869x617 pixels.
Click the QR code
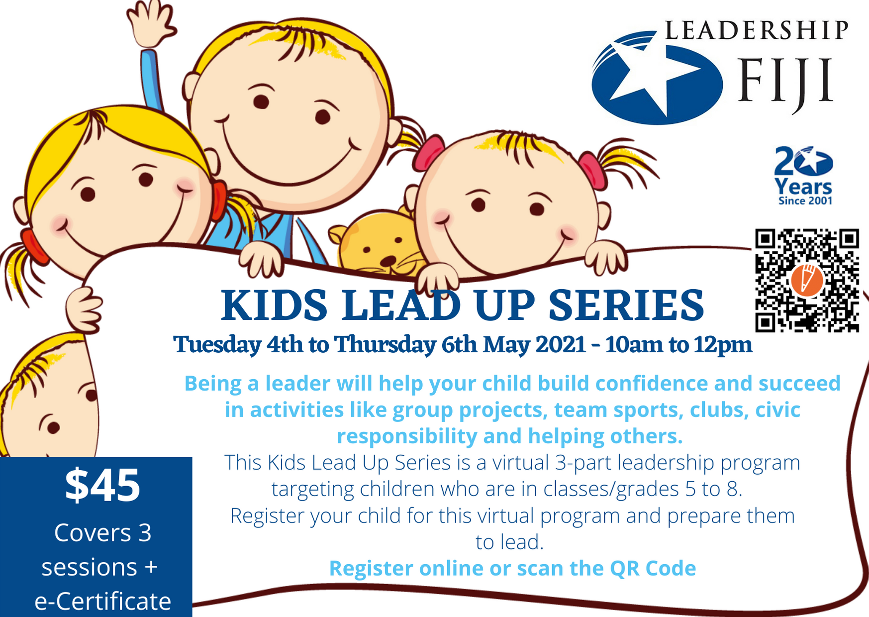click(807, 281)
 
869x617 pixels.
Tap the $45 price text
click(102, 485)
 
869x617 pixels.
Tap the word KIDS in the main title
click(274, 305)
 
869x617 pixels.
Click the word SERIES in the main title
click(626, 305)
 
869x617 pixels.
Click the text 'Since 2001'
click(805, 201)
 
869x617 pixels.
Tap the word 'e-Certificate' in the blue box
click(103, 601)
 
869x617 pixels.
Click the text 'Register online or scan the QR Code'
click(512, 568)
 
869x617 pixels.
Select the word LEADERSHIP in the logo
click(756, 30)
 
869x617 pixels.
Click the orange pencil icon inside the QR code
click(807, 281)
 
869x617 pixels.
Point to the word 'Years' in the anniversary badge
click(803, 187)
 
